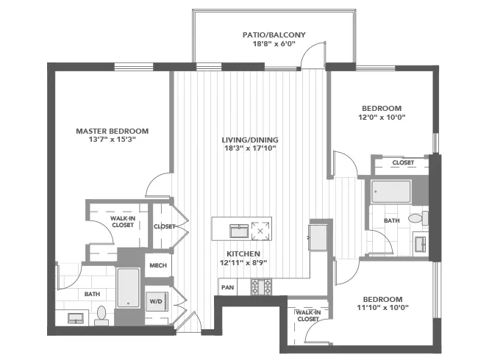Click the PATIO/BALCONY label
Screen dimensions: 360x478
[x=274, y=35]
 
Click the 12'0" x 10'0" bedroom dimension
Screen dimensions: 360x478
[x=382, y=117]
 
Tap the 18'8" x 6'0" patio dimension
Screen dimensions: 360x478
[x=274, y=44]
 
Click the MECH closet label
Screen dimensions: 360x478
[x=157, y=265]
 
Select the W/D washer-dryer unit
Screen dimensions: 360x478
[x=156, y=300]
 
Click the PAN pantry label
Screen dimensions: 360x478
[x=228, y=287]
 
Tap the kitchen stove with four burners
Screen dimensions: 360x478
[x=261, y=286]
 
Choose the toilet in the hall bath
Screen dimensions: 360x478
[x=417, y=218]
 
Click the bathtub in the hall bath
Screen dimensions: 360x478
[x=391, y=192]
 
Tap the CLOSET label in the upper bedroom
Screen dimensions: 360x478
[x=402, y=162]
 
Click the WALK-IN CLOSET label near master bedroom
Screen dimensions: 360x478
[x=123, y=221]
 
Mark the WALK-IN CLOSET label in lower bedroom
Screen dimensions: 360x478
[x=307, y=316]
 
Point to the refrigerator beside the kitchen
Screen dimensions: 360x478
[x=319, y=238]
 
